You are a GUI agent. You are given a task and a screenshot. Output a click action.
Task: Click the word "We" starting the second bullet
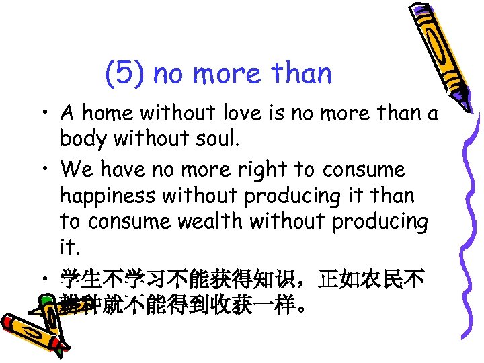[73, 169]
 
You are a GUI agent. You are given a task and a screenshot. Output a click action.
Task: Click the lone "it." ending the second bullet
[69, 247]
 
